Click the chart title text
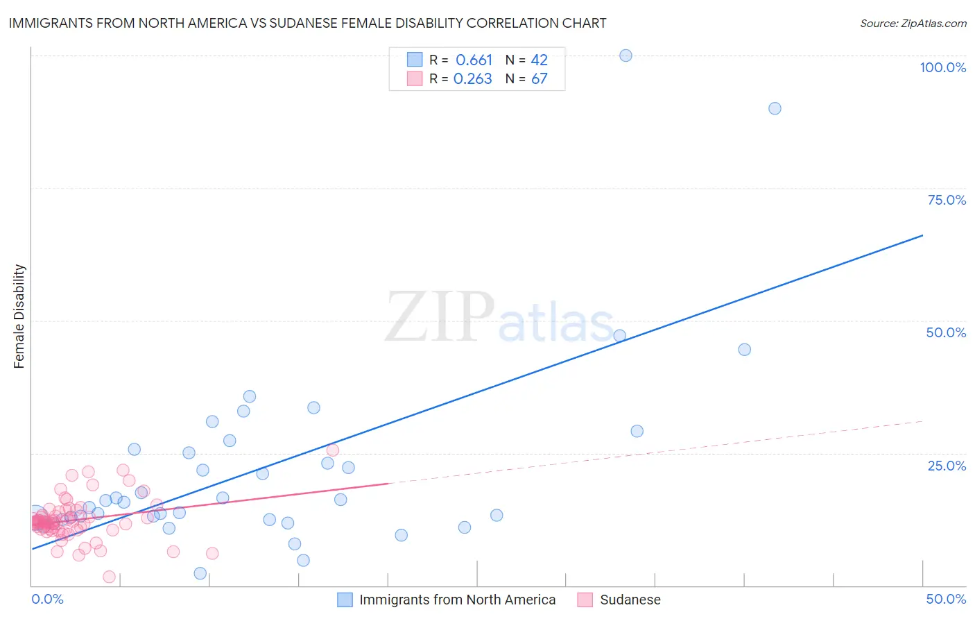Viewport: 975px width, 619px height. pos(307,23)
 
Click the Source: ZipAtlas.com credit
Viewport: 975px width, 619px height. pos(913,23)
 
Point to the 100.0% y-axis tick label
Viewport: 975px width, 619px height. pos(942,67)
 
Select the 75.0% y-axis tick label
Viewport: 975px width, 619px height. pos(947,200)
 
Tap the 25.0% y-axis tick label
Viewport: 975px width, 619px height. pos(947,466)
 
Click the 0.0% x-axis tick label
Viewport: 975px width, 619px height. pos(47,599)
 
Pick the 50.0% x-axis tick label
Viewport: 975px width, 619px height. pos(946,599)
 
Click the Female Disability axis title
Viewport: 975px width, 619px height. pos(19,316)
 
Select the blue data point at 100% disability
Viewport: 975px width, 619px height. pos(625,56)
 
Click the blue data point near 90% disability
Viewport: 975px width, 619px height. pos(775,108)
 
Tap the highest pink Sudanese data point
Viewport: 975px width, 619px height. pos(332,450)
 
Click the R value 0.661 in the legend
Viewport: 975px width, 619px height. pos(474,60)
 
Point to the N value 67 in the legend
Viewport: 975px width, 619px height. pos(539,79)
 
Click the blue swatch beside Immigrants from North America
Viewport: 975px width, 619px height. pos(345,600)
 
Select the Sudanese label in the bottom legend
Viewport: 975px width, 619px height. pos(630,600)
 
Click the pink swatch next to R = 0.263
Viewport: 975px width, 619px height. pos(415,78)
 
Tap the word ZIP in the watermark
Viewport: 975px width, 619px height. pos(440,317)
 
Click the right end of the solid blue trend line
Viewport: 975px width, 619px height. pos(922,235)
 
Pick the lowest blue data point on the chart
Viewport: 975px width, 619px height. pos(200,573)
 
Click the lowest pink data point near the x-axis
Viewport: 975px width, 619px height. pos(109,577)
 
